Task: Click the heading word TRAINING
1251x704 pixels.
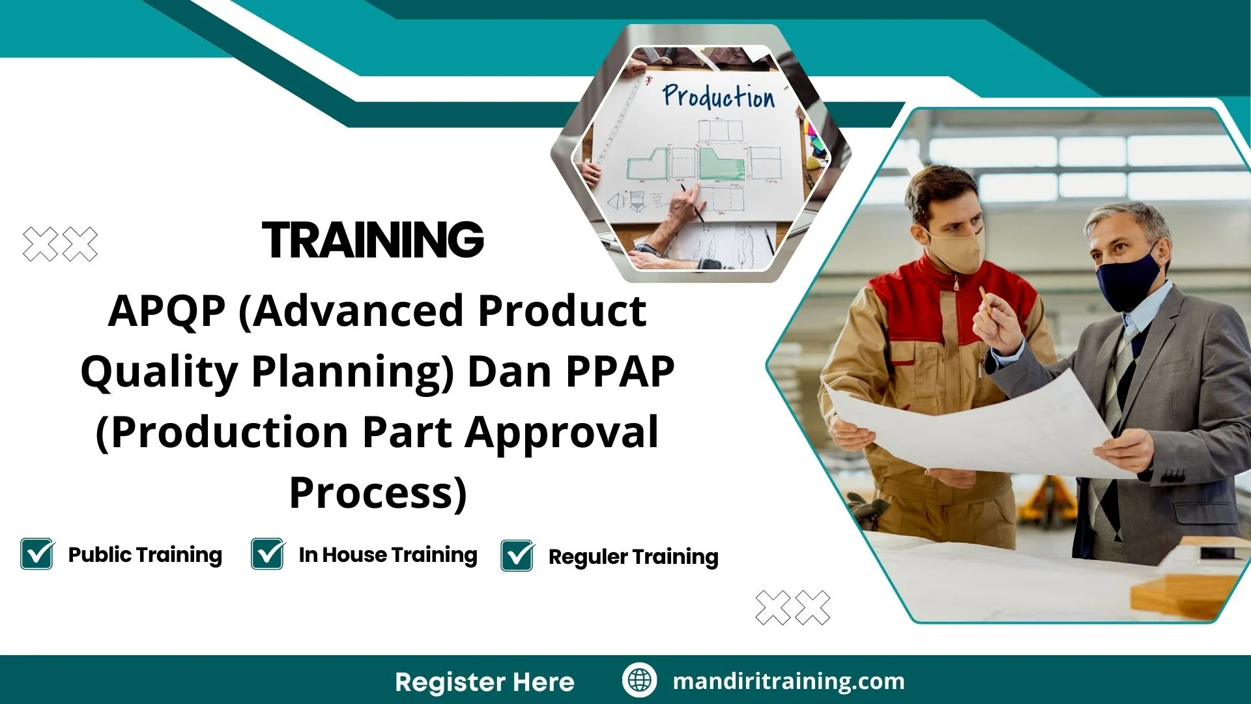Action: pos(373,240)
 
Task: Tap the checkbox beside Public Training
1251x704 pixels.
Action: pos(37,554)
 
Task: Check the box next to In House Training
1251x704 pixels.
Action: pos(267,554)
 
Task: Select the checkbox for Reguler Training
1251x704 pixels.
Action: pos(517,556)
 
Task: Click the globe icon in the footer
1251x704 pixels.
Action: pos(639,681)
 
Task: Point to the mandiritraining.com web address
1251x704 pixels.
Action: pos(788,681)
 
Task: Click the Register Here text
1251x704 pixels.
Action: pos(485,682)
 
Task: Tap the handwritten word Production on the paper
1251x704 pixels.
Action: pos(719,96)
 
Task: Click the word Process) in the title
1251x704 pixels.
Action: pos(378,493)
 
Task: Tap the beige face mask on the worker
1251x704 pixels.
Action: pos(955,250)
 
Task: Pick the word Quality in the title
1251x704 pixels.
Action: pos(159,372)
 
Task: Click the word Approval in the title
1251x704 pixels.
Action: pos(562,432)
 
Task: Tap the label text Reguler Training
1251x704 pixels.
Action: pos(633,557)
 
